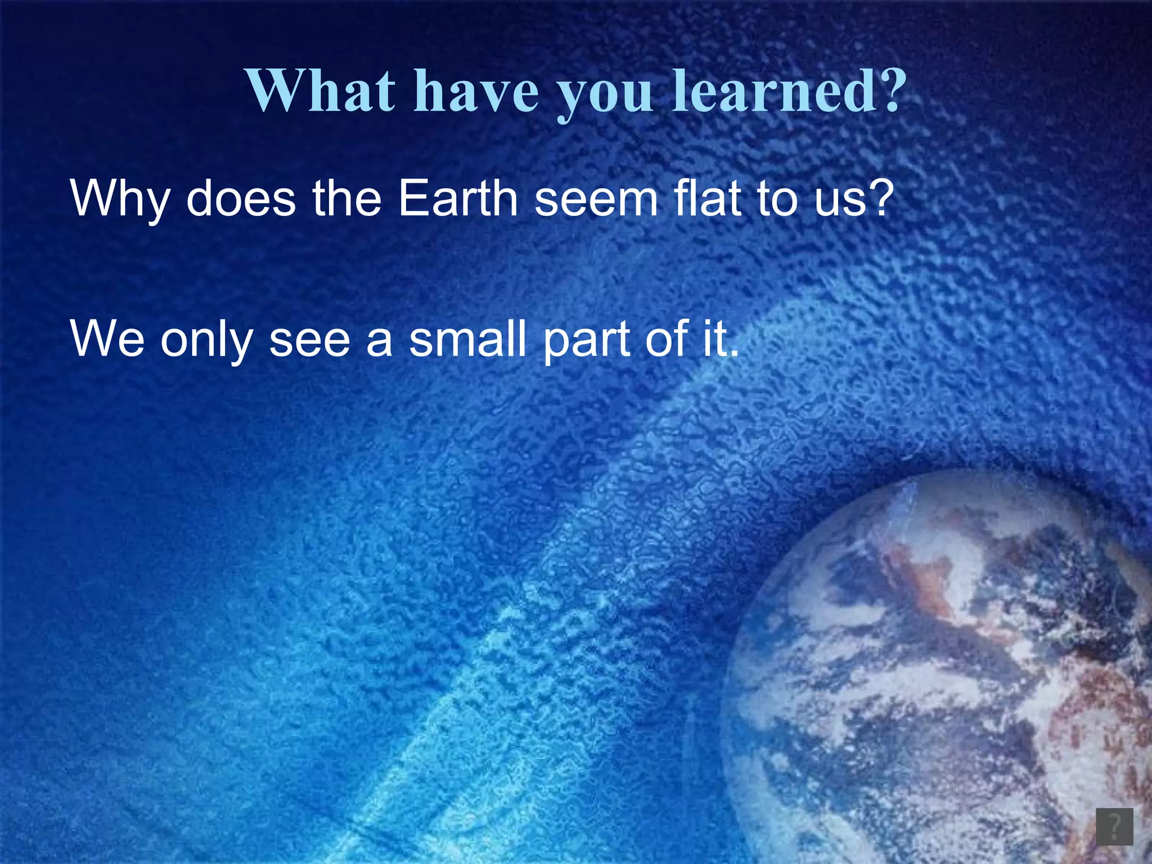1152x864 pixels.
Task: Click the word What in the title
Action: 321,91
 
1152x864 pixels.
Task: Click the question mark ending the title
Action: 885,90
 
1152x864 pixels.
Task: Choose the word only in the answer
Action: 206,340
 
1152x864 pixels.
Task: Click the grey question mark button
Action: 1114,826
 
